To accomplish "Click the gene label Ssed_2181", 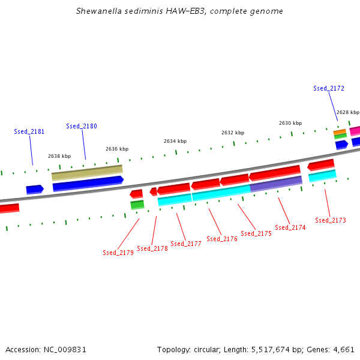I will [29, 131].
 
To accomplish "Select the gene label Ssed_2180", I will [82, 126].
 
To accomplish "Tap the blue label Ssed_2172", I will [329, 88].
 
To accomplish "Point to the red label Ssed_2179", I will [118, 253].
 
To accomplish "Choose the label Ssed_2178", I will [152, 248].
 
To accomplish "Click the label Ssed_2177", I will [186, 244].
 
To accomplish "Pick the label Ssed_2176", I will [222, 239].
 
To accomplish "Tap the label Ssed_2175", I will [256, 233].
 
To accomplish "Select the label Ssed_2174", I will [290, 227].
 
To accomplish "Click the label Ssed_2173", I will [331, 220].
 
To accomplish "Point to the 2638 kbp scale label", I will [59, 156].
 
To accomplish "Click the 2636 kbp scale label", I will [117, 149].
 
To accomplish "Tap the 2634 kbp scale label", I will [175, 141].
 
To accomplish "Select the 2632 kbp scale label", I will [233, 133].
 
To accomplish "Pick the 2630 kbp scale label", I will [290, 123].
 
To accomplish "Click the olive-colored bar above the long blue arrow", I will [87, 173].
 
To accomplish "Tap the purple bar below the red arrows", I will [276, 184].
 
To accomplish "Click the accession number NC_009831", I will [65, 349].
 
